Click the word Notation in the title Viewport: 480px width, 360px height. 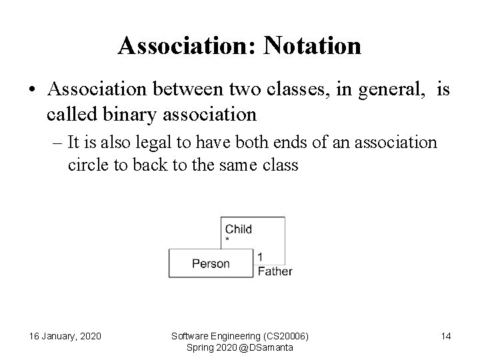[x=313, y=46]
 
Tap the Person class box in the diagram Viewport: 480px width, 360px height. [x=211, y=263]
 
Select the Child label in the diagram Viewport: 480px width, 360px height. [x=238, y=229]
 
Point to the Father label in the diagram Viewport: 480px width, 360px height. [x=275, y=271]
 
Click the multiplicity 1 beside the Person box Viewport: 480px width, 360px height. [x=260, y=257]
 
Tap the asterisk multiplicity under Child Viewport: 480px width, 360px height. [x=228, y=239]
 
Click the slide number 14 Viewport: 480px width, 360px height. [x=446, y=336]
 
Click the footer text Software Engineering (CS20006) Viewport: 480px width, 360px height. [x=240, y=335]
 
